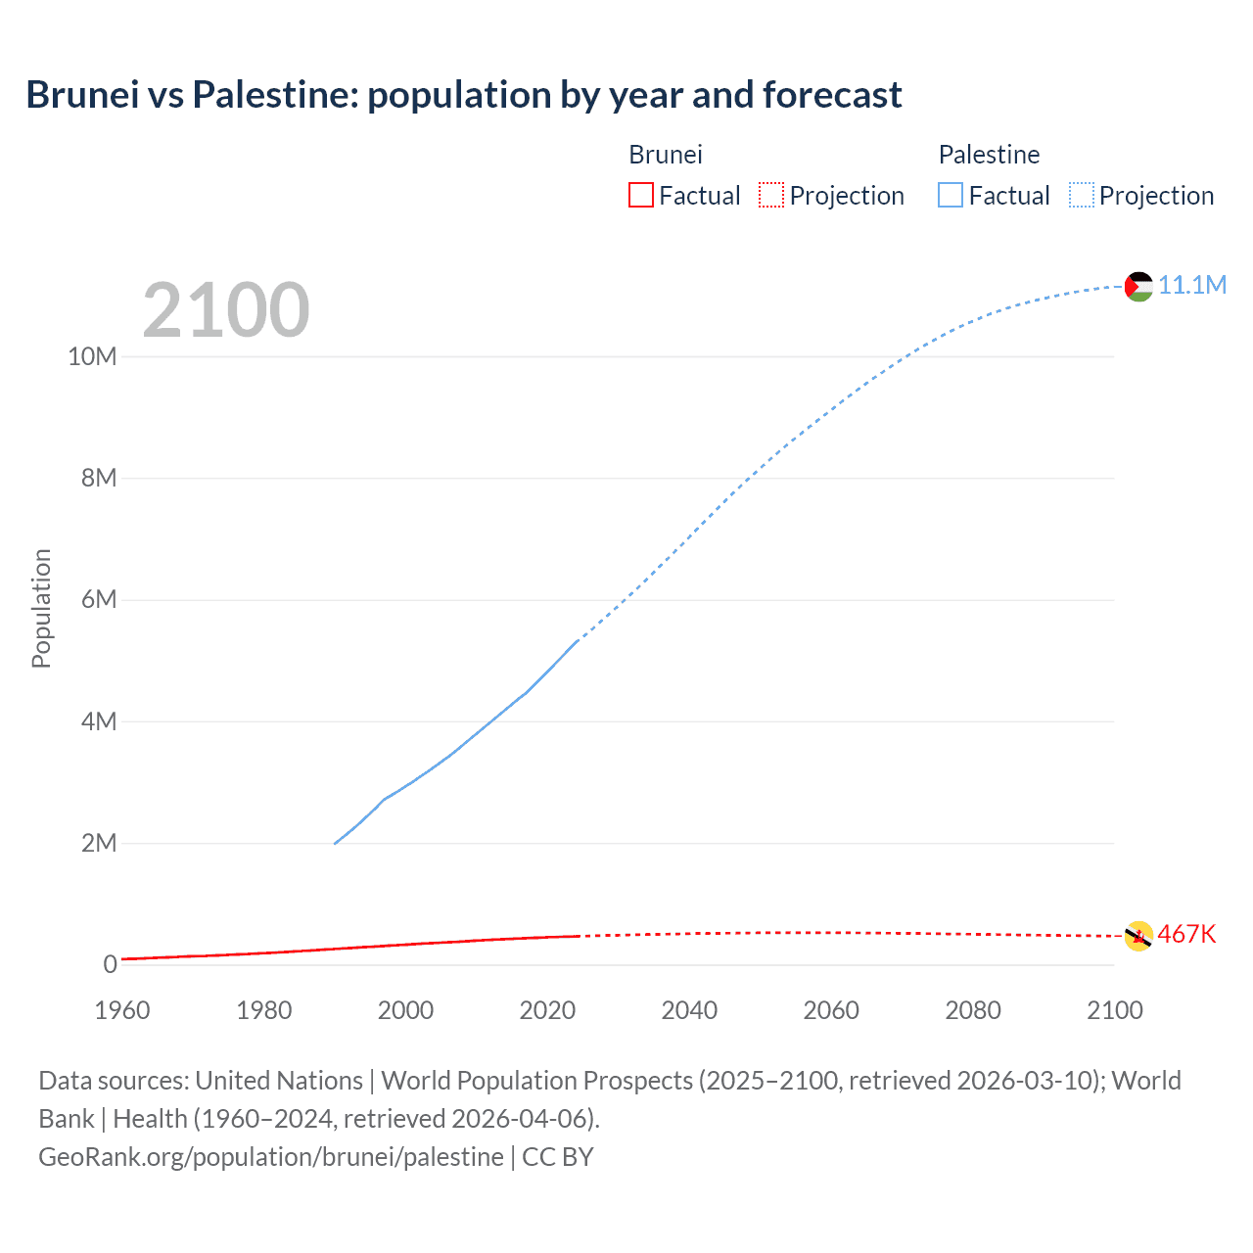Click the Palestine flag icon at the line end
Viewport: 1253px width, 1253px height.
(x=1138, y=286)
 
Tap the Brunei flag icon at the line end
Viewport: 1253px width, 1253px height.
(x=1138, y=936)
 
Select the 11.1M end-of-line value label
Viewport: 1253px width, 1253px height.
(x=1192, y=285)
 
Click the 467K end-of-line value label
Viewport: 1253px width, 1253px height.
(x=1186, y=935)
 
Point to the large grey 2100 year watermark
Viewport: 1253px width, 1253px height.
(x=226, y=310)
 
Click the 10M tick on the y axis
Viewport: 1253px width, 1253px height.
(x=92, y=357)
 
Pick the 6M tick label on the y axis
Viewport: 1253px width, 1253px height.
(x=99, y=600)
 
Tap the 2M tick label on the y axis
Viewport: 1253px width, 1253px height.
(x=99, y=843)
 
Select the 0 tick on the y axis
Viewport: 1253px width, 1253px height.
(x=110, y=964)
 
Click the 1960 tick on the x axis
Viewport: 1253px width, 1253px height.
(x=122, y=1010)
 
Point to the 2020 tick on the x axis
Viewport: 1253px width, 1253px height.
(x=547, y=1010)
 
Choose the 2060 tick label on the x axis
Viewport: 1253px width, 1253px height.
(x=831, y=1010)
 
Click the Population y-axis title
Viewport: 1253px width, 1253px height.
(x=41, y=608)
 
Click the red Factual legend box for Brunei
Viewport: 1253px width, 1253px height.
(x=640, y=195)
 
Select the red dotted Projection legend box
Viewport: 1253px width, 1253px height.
(x=771, y=195)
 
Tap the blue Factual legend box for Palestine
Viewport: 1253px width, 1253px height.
(x=951, y=195)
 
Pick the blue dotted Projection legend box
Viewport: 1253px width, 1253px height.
(x=1082, y=195)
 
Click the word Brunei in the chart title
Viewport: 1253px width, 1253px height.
(x=82, y=95)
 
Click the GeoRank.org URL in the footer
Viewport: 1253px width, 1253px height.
(x=271, y=1156)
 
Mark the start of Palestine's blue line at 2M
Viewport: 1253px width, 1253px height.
(x=336, y=843)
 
